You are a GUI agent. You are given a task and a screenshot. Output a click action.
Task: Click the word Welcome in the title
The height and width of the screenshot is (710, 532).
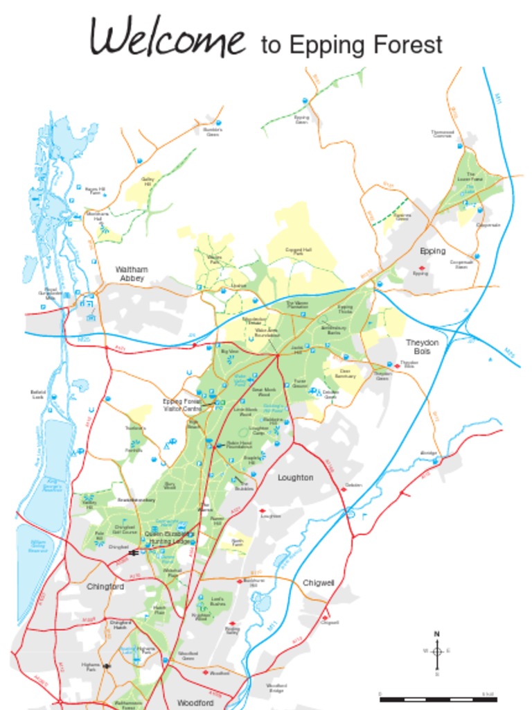click(x=168, y=38)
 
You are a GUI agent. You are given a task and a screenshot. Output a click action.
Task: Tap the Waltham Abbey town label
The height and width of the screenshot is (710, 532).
click(x=132, y=273)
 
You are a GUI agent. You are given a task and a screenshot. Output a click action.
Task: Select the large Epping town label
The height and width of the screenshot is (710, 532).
click(x=433, y=251)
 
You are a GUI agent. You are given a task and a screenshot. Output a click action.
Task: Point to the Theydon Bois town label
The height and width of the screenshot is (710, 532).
click(x=422, y=347)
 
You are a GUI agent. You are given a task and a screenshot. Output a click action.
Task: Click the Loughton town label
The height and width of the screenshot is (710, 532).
click(x=295, y=478)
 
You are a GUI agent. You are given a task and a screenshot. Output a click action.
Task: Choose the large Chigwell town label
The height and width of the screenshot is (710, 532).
click(x=319, y=583)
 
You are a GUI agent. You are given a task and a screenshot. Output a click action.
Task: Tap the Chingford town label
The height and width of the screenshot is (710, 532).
click(x=105, y=587)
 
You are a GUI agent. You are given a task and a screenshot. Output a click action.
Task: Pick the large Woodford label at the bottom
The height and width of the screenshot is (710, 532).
click(x=195, y=702)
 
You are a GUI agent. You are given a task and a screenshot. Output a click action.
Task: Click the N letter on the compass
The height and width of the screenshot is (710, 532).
click(x=436, y=634)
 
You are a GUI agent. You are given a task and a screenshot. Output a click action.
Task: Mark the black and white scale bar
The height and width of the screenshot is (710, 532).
click(x=438, y=699)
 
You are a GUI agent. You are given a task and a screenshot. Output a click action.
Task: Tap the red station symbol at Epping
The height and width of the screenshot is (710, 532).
click(x=420, y=268)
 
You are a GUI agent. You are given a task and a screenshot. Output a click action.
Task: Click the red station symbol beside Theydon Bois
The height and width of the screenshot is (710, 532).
click(x=397, y=366)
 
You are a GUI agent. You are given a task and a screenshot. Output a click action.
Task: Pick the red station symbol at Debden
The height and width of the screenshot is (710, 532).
click(x=342, y=489)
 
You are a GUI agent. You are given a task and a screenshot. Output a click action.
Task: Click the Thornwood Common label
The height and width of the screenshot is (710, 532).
click(x=442, y=133)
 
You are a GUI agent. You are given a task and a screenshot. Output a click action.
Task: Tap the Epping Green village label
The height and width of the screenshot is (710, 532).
click(x=301, y=119)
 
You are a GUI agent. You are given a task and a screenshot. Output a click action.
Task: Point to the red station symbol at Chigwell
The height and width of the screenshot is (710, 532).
click(x=324, y=616)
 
